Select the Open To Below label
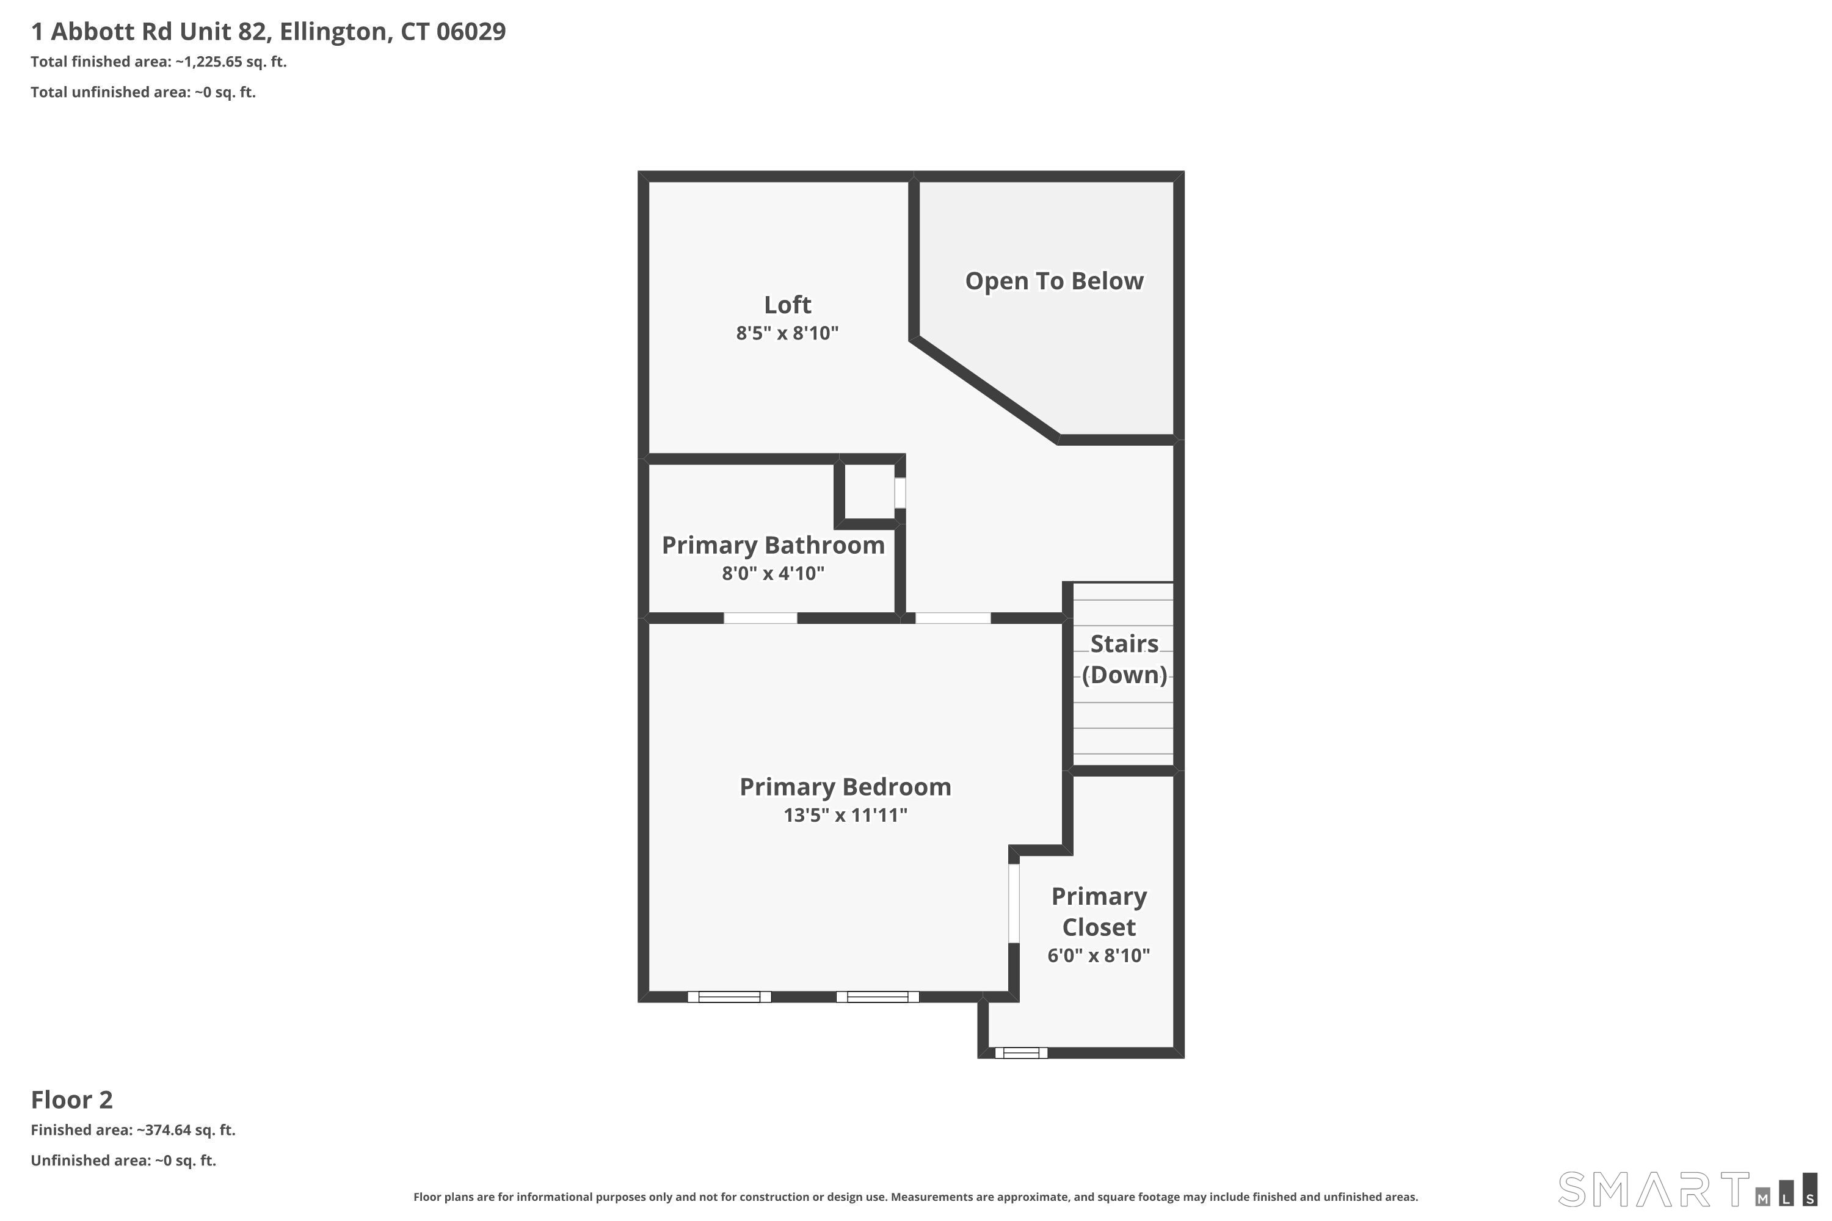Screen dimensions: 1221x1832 point(1054,281)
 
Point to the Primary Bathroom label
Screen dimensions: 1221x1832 point(772,545)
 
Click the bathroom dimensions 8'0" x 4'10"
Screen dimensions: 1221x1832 point(772,574)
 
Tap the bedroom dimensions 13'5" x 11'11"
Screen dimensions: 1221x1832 point(845,815)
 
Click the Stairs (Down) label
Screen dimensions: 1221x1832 point(1124,659)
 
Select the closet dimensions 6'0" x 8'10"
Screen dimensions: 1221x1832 point(1098,955)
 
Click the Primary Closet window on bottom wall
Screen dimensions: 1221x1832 point(1020,1053)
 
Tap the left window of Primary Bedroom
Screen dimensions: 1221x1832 point(729,997)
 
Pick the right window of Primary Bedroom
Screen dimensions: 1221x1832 point(877,997)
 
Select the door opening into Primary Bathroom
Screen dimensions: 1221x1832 point(760,618)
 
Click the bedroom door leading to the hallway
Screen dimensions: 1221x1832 point(953,618)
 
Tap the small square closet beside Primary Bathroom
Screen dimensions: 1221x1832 point(869,491)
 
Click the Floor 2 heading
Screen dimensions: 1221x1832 point(71,1100)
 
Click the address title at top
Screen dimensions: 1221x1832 point(268,31)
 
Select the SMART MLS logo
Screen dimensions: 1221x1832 point(1685,1189)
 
